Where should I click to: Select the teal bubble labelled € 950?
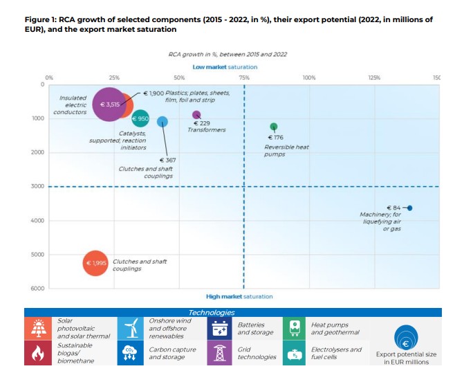click(x=140, y=118)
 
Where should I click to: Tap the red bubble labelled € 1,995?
click(x=96, y=263)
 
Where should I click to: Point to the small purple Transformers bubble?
click(x=196, y=115)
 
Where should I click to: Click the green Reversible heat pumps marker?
click(x=274, y=127)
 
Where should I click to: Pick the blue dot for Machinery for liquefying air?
click(x=410, y=208)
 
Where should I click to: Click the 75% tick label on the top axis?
click(x=244, y=78)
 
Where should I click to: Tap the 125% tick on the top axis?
click(x=374, y=78)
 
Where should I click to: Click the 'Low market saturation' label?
click(x=225, y=67)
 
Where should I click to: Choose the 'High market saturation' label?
click(x=239, y=296)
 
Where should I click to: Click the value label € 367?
click(x=167, y=160)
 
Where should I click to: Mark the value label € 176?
click(x=275, y=137)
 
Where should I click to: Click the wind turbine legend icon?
click(x=129, y=329)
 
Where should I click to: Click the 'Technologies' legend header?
click(x=212, y=313)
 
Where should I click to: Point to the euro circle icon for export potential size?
click(x=406, y=340)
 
